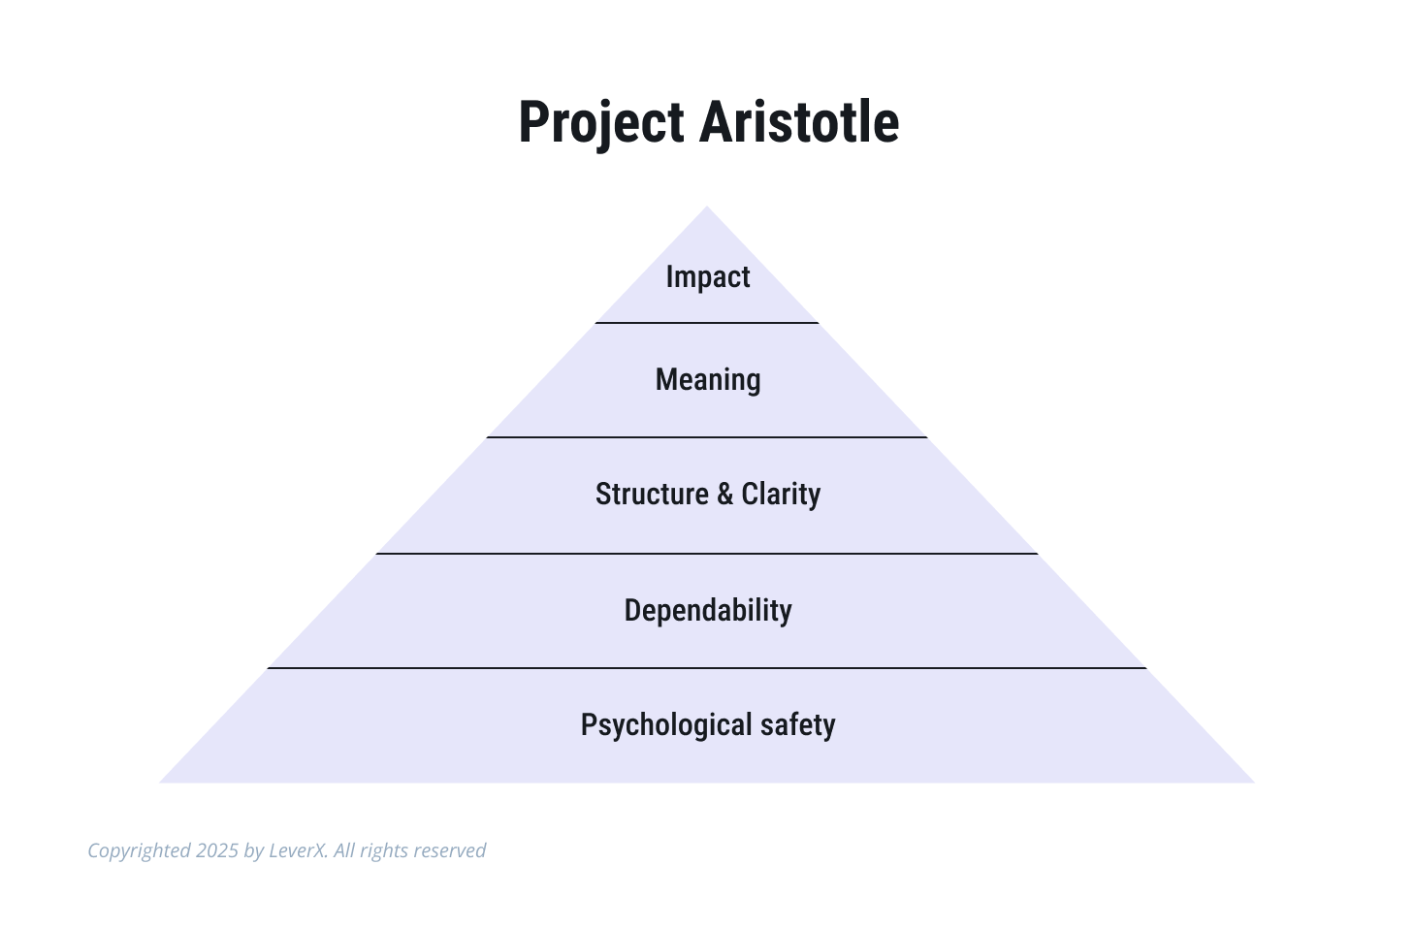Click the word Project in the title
click(601, 123)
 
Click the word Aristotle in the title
click(799, 121)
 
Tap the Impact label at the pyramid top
click(708, 276)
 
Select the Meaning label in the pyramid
click(708, 380)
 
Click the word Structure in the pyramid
click(652, 494)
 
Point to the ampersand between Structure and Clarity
click(725, 494)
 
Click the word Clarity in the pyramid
click(781, 495)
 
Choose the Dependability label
click(708, 611)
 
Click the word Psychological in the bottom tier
click(666, 725)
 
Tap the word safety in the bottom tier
click(798, 725)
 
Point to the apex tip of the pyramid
click(707, 206)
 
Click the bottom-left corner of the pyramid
click(159, 783)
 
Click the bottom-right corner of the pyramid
click(1255, 783)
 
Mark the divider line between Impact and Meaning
click(707, 323)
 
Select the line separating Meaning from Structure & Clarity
click(707, 436)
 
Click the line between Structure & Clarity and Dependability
click(707, 554)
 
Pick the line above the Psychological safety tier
click(707, 667)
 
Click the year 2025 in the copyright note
click(217, 850)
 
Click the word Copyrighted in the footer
click(139, 851)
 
